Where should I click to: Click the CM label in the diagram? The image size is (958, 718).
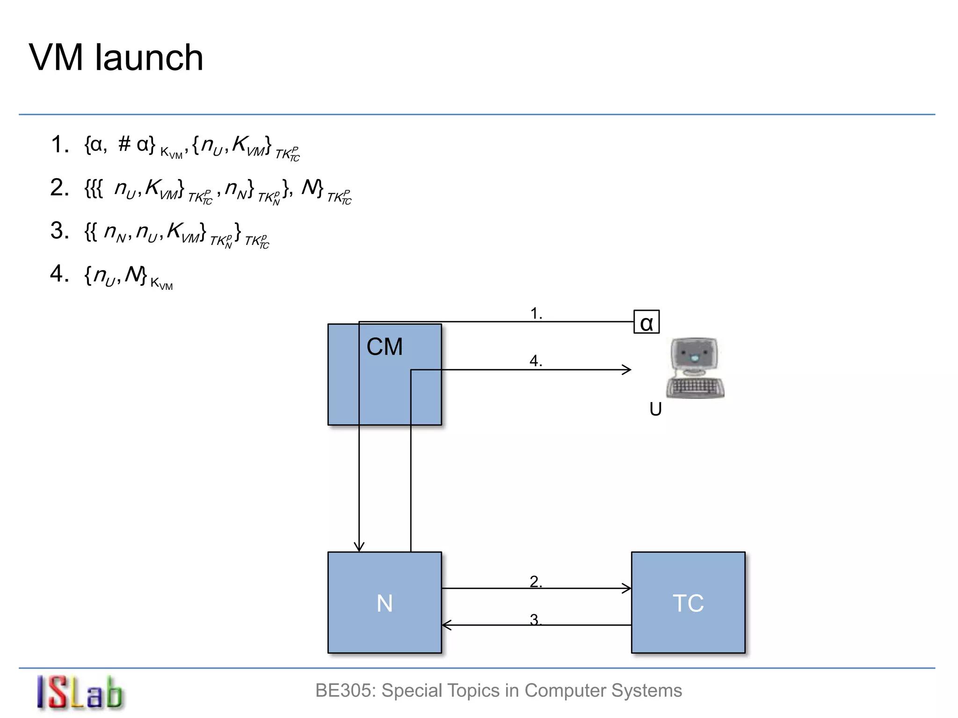[384, 347]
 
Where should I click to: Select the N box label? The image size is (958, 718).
[385, 603]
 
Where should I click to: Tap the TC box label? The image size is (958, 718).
[688, 603]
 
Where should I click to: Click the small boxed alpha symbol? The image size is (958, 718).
[646, 323]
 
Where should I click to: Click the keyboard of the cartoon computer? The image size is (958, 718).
[695, 388]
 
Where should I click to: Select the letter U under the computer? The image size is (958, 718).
[655, 409]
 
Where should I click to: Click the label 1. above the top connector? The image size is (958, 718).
[536, 313]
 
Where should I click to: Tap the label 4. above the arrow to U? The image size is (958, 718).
[536, 361]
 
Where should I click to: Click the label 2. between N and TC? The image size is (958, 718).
[536, 582]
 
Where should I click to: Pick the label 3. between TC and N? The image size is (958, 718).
[536, 619]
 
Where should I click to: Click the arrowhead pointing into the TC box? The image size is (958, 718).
[627, 589]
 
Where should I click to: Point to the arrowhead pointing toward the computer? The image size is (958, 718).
[627, 370]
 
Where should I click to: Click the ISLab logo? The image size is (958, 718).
[80, 692]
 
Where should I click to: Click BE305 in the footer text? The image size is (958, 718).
[344, 690]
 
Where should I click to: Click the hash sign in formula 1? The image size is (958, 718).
[124, 144]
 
